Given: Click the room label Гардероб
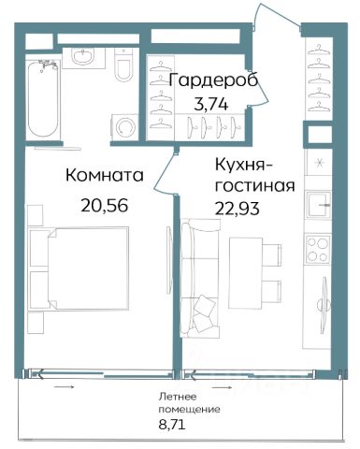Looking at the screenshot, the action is (213, 81).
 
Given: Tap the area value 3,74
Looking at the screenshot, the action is (211, 104).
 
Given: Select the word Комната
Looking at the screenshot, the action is (105, 175).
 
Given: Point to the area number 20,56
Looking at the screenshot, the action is (105, 205).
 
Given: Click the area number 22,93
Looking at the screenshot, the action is (237, 208).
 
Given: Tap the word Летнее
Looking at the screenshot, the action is (178, 397).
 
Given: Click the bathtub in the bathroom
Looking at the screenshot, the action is (43, 98).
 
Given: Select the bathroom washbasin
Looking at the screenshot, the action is (83, 58).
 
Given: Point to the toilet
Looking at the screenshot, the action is (123, 65).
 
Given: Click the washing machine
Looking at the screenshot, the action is (125, 128).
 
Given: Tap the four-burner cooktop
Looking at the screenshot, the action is (318, 250).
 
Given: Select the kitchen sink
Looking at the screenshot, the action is (319, 205).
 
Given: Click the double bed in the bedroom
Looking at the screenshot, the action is (79, 268).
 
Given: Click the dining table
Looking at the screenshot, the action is (246, 273).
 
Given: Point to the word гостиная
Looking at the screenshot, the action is (255, 187).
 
